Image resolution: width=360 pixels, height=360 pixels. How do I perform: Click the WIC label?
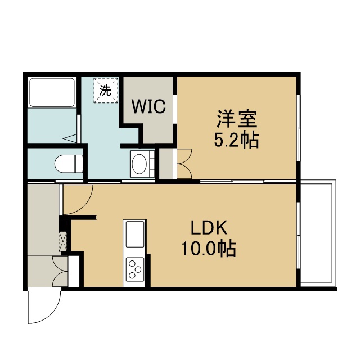pos(148,106)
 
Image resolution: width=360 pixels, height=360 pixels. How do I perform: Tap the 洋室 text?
pos(237,119)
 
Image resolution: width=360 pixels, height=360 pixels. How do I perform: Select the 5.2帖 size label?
pos(236,140)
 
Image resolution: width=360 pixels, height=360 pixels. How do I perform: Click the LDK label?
pos(209,227)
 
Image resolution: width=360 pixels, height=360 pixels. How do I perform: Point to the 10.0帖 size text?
pos(209,249)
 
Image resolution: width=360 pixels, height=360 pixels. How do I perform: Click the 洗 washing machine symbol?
pos(106,90)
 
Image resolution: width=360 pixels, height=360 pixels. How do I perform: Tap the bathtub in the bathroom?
pos(52,92)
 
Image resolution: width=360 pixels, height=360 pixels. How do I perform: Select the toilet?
pos(69,164)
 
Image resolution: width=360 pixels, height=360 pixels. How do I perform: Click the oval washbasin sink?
pos(139,164)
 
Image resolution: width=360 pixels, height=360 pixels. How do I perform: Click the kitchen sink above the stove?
pos(135,234)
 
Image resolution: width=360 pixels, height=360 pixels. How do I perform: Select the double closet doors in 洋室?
pos(184,164)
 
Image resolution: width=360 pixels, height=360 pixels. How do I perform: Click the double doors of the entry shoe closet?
pos(60,271)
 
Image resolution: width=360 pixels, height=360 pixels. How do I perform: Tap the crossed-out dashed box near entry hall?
pos(62,241)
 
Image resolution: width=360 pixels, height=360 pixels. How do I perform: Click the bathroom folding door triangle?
pos(70,139)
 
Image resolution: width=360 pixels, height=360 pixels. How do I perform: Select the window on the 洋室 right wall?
pos(299,128)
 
